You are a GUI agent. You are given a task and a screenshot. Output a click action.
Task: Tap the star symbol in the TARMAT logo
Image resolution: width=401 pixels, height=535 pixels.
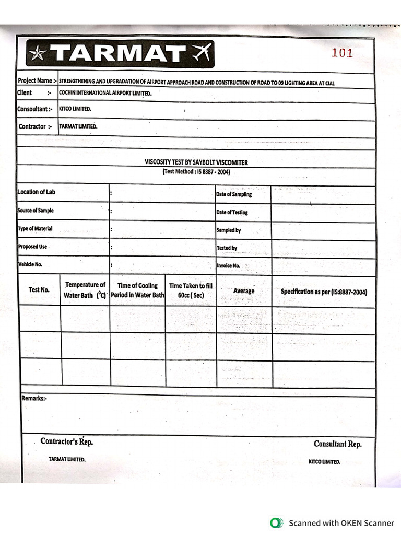tap(37, 53)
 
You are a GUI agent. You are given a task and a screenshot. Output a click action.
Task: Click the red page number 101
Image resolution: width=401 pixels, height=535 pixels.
tap(342, 53)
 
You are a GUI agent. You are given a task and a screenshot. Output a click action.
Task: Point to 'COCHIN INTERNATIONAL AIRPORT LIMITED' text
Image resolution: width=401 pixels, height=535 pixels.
tap(105, 93)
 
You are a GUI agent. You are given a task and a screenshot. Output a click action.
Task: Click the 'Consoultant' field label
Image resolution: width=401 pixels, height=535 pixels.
tap(34, 109)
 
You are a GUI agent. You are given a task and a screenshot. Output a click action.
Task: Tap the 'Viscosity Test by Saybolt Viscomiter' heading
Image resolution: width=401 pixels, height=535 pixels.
tap(196, 162)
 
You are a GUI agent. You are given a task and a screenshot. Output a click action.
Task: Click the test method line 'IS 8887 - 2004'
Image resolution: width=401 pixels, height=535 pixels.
tap(196, 171)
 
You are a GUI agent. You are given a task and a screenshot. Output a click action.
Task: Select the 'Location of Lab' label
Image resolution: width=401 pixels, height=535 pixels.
tap(36, 192)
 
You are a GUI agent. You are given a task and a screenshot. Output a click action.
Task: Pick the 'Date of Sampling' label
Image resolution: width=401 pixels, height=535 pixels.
tap(234, 194)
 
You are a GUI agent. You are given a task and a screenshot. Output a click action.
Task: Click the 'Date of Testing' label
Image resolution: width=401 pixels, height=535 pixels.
tap(232, 212)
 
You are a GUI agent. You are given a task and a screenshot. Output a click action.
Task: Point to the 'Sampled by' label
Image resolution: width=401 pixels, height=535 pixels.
tap(229, 230)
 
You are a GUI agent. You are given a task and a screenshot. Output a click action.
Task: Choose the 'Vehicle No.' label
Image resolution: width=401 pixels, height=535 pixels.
tap(30, 264)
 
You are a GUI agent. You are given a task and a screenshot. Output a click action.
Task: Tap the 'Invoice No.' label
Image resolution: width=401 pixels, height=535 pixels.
tap(229, 266)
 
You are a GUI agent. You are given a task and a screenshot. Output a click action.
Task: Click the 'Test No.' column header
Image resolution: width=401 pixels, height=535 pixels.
tap(39, 289)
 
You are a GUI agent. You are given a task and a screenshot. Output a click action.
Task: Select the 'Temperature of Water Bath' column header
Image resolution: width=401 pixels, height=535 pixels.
tap(85, 290)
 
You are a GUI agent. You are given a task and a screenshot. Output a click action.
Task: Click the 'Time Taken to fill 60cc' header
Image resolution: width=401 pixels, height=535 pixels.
tap(191, 290)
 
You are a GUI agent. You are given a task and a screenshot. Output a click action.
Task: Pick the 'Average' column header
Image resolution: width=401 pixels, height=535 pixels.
tap(244, 291)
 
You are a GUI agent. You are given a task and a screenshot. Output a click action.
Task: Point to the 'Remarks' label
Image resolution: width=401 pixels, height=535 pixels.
tap(34, 398)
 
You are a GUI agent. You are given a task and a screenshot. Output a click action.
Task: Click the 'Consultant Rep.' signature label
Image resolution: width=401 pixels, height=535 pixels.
tap(337, 444)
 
